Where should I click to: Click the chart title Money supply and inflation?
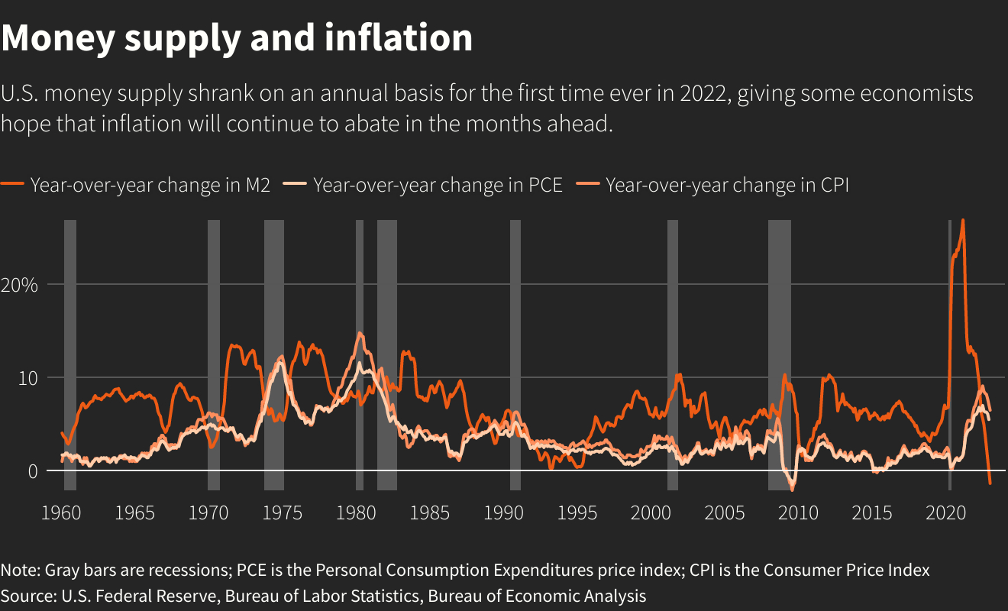coord(237,38)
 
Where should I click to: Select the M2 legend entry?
coord(150,185)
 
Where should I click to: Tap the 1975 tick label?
coord(282,512)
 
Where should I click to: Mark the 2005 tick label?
coord(724,512)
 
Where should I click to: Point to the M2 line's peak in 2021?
coord(962,221)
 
